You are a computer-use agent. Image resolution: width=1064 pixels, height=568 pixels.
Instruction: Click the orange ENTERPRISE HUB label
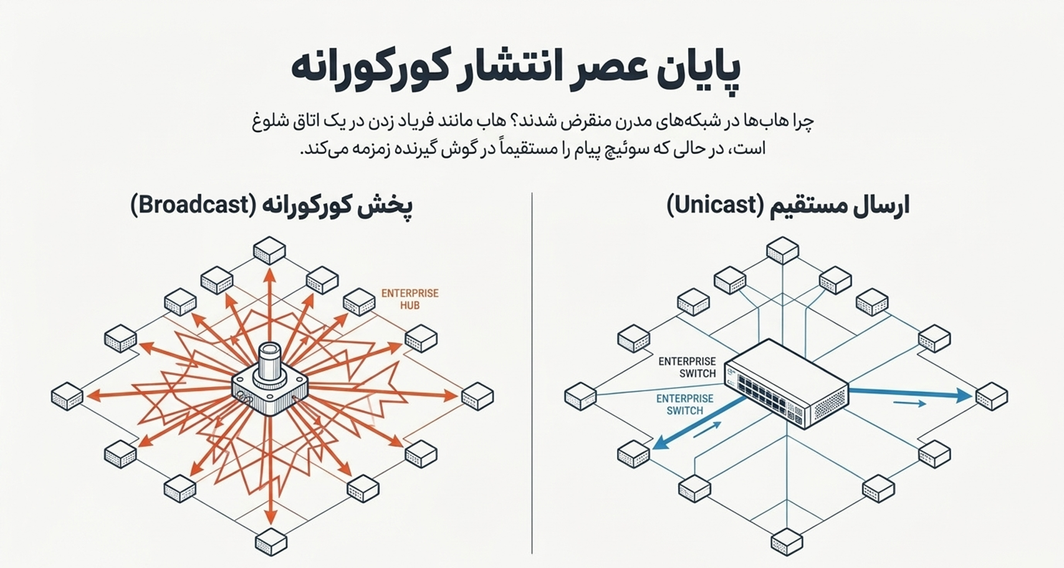pyautogui.click(x=410, y=299)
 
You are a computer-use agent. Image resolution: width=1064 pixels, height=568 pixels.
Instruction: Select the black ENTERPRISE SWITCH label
pyautogui.click(x=687, y=367)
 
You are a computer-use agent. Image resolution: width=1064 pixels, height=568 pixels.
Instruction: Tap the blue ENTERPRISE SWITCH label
pyautogui.click(x=684, y=405)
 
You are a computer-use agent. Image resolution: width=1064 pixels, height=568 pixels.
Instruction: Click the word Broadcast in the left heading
pyautogui.click(x=194, y=205)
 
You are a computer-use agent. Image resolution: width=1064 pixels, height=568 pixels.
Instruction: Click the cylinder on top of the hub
pyautogui.click(x=270, y=363)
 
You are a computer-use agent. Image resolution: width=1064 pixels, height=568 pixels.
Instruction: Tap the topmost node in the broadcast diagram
pyautogui.click(x=269, y=250)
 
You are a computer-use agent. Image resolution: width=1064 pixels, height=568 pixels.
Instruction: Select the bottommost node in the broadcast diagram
pyautogui.click(x=271, y=541)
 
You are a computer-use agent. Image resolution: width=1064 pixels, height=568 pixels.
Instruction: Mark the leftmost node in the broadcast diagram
pyautogui.click(x=67, y=396)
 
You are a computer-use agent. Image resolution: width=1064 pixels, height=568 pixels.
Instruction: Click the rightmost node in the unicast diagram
pyautogui.click(x=992, y=396)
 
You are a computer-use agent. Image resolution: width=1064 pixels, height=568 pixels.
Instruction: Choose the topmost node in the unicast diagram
pyautogui.click(x=783, y=250)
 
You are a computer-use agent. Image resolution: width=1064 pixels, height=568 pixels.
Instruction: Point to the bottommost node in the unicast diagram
pyautogui.click(x=787, y=542)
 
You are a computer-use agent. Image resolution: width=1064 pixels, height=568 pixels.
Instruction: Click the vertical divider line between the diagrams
pyautogui.click(x=532, y=373)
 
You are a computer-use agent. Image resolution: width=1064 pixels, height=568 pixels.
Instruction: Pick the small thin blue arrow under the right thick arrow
pyautogui.click(x=909, y=403)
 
